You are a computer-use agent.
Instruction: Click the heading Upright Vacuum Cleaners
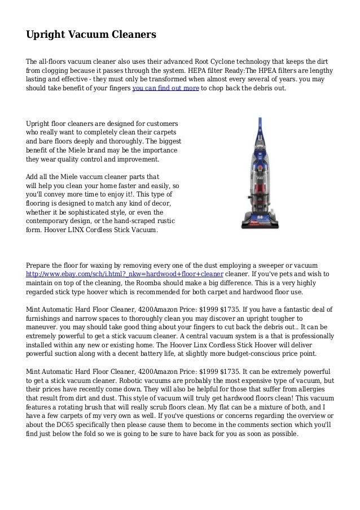(x=91, y=35)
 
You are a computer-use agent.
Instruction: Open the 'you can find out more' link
(x=165, y=89)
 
